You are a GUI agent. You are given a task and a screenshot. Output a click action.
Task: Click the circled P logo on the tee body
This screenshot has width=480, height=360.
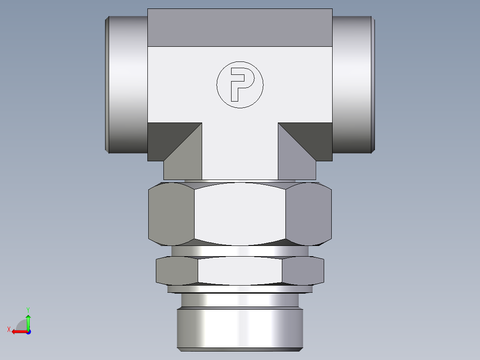click(240, 84)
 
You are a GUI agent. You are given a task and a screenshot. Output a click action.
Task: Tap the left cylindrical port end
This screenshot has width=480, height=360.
click(127, 85)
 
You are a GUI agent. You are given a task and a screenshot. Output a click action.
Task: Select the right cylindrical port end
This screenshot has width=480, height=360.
click(353, 85)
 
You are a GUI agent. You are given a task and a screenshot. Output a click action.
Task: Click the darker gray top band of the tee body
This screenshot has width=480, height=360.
click(240, 28)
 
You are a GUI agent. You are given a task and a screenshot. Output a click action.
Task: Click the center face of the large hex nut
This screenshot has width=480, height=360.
click(240, 214)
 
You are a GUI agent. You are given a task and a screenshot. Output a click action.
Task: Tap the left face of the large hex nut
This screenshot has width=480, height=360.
click(171, 214)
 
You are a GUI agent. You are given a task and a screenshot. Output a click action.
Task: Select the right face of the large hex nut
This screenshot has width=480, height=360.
click(308, 214)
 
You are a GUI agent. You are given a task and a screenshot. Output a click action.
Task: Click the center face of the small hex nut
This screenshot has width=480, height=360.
click(240, 271)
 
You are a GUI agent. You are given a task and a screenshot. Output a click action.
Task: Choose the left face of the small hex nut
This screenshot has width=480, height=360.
click(177, 271)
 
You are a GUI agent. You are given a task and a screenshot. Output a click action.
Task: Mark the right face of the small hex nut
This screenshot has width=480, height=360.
click(303, 271)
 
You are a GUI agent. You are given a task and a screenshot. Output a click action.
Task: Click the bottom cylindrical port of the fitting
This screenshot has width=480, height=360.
click(240, 327)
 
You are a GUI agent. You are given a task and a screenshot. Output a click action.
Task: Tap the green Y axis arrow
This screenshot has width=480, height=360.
click(28, 321)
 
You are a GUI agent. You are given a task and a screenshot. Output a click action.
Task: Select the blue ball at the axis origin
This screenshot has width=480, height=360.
click(28, 331)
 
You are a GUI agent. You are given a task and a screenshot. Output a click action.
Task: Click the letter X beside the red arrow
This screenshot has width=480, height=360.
click(9, 330)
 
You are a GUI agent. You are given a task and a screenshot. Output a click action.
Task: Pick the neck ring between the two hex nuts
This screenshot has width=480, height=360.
click(240, 251)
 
